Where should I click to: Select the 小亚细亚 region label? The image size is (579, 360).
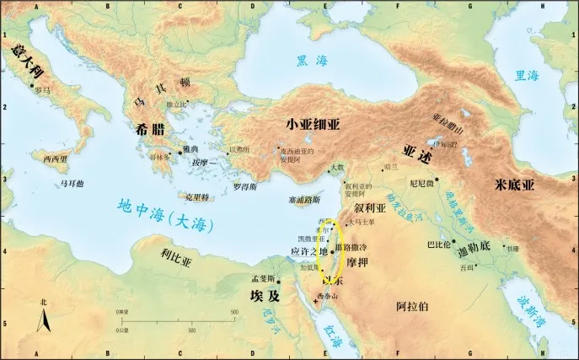pyautogui.click(x=313, y=123)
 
